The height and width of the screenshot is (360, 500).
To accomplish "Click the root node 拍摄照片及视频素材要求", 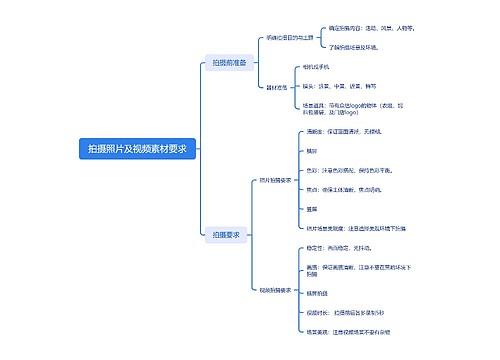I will [x=137, y=149].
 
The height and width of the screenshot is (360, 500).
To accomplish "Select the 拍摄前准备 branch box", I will [x=230, y=63].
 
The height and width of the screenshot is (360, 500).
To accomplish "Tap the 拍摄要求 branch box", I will [x=226, y=235].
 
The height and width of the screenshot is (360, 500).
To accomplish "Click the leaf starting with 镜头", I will [x=344, y=85].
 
